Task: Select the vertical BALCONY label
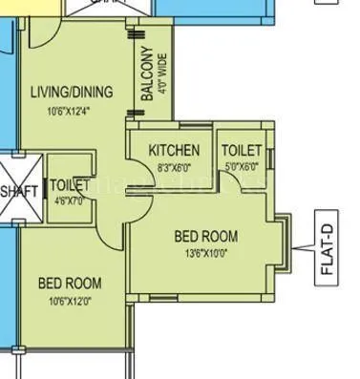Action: click(x=147, y=74)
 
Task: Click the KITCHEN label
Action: click(x=174, y=151)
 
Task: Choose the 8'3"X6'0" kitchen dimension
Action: click(x=174, y=166)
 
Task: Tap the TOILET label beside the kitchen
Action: click(x=242, y=151)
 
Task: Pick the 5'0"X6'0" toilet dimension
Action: click(x=242, y=166)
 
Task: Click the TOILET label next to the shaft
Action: click(x=70, y=184)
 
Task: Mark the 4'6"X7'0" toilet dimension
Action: click(x=70, y=200)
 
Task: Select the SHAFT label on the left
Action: click(x=18, y=191)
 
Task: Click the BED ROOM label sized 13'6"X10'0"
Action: click(x=205, y=236)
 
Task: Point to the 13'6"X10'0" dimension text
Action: click(x=205, y=253)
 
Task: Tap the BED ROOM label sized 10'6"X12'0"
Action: click(x=70, y=284)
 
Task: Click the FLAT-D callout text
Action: click(x=327, y=251)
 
